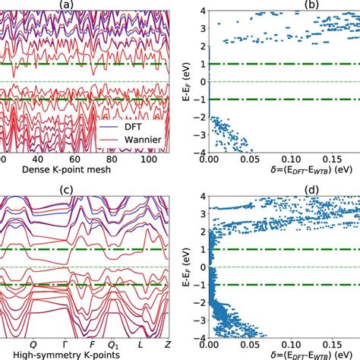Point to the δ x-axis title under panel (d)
[285, 354]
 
